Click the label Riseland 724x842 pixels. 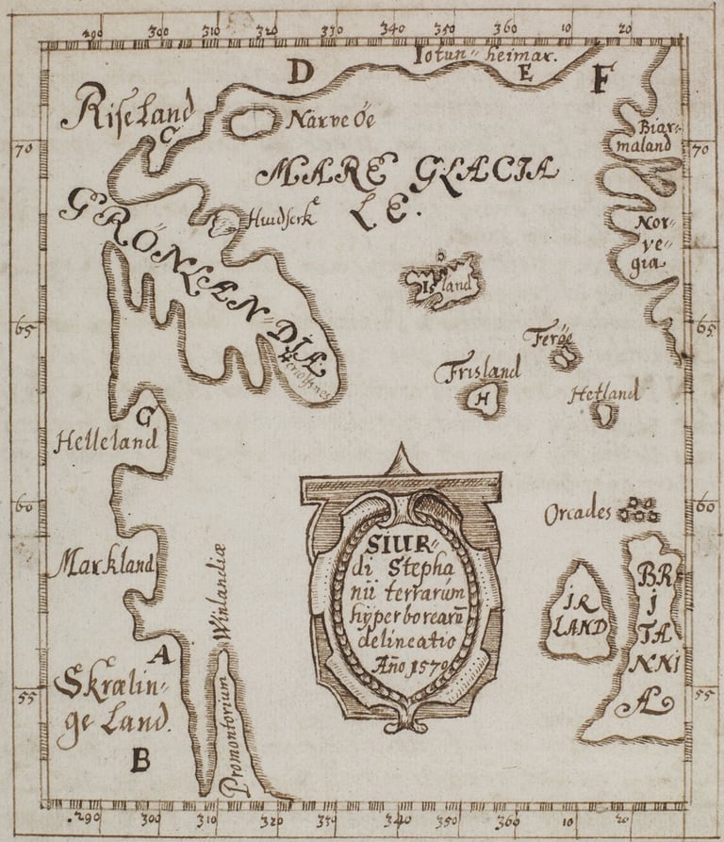coord(127,108)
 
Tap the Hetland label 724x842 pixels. coord(603,392)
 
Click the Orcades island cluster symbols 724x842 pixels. coord(636,510)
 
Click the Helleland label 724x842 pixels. coord(95,441)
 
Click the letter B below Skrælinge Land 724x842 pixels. coord(140,757)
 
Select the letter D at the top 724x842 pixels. coord(299,72)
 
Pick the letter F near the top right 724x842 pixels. coord(600,80)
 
